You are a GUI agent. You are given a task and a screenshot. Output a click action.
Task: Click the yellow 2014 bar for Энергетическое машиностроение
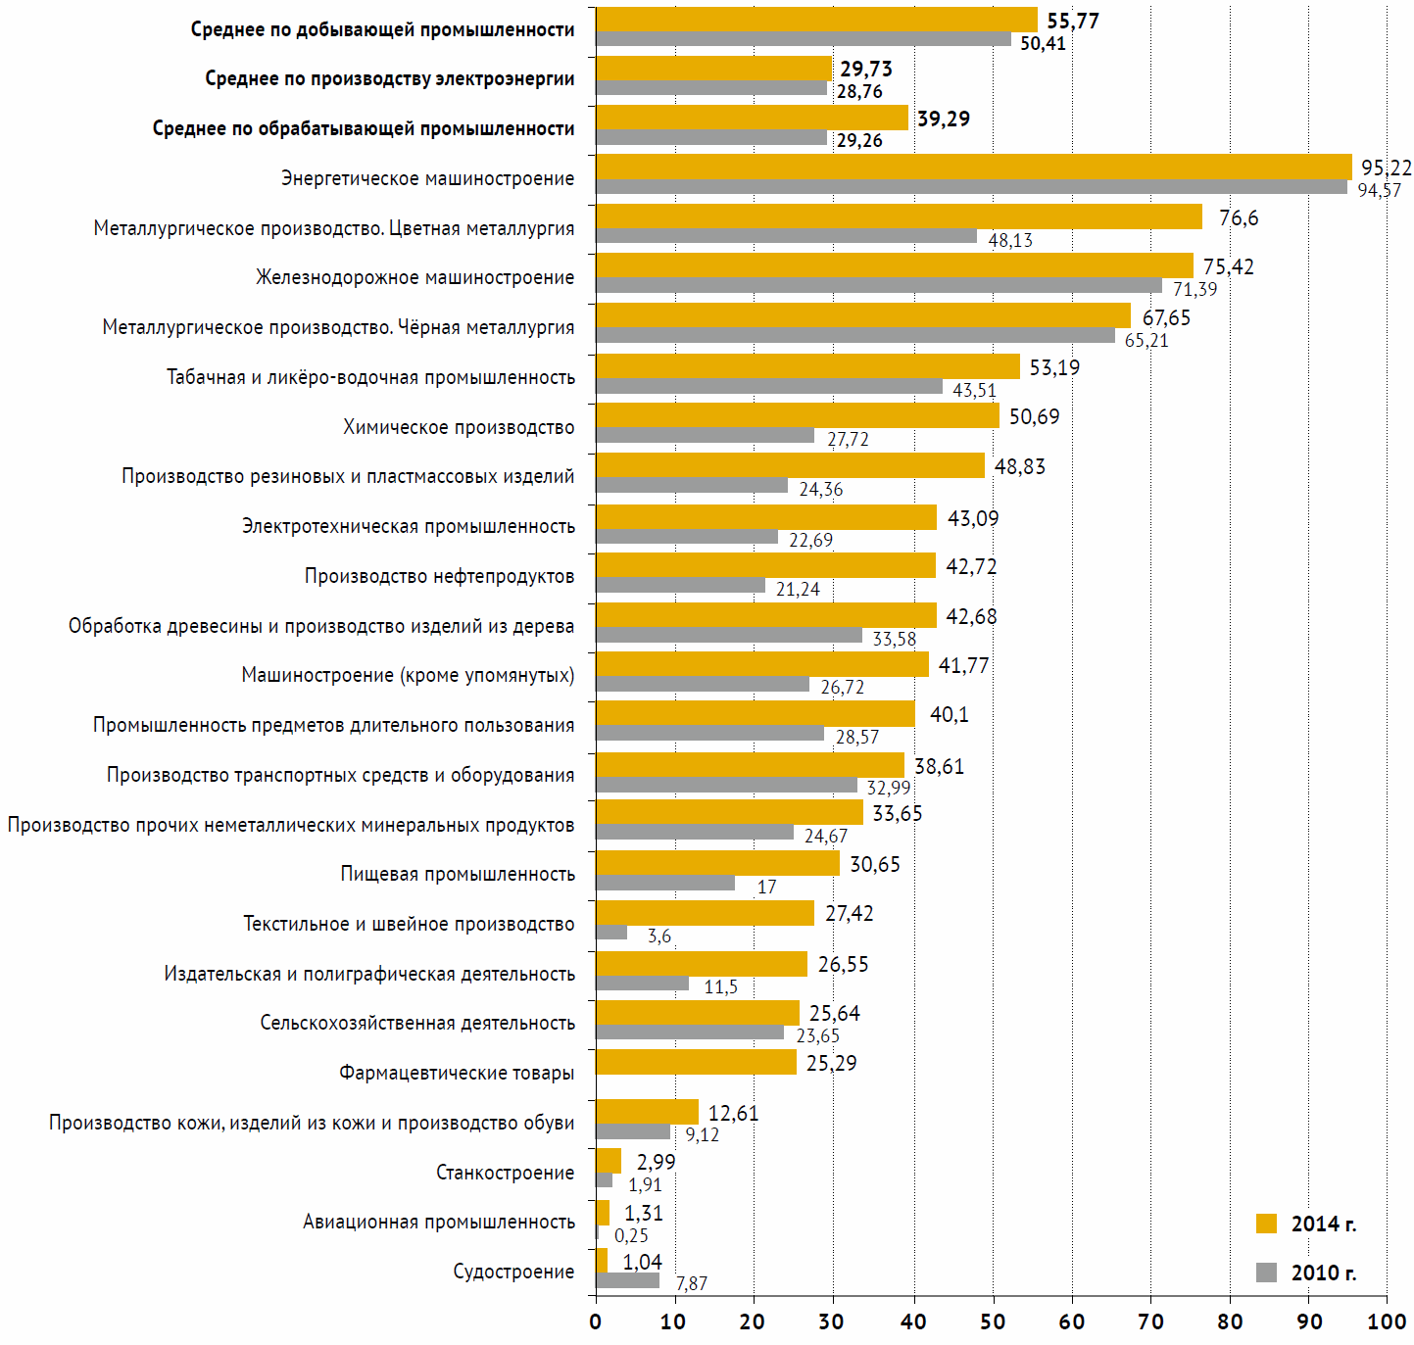point(973,167)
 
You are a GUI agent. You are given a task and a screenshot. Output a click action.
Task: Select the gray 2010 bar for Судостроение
point(627,1280)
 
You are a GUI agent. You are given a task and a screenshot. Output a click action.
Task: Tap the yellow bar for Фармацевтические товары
point(696,1062)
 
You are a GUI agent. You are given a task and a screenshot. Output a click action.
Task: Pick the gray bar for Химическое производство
point(705,435)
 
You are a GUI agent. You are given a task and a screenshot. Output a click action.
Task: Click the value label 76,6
point(1239,217)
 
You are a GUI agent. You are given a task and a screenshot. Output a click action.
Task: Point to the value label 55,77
point(1073,21)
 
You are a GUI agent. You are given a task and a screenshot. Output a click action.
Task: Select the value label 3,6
point(659,937)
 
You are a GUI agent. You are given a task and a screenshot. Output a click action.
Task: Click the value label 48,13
point(1010,240)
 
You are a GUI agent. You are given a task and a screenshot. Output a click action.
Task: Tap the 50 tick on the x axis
point(993,1321)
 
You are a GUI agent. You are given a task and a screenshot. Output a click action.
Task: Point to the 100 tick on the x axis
point(1387,1321)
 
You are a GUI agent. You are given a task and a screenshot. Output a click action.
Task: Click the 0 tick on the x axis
point(596,1321)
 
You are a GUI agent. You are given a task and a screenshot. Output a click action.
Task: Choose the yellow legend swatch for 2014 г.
point(1266,1224)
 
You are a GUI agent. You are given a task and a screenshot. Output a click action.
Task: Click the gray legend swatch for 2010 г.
point(1266,1273)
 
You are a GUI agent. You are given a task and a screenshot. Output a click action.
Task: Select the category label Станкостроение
point(505,1173)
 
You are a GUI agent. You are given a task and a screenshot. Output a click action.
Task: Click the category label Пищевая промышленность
point(458,874)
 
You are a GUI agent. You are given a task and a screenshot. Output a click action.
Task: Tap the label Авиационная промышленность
point(438,1222)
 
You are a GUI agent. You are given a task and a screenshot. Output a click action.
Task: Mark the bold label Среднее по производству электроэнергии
point(389,78)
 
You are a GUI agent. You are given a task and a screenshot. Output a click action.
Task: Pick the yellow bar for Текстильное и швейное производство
point(705,913)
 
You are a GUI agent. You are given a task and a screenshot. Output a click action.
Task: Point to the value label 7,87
point(691,1283)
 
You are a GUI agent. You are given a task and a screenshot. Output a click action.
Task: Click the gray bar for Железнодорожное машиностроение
point(878,286)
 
